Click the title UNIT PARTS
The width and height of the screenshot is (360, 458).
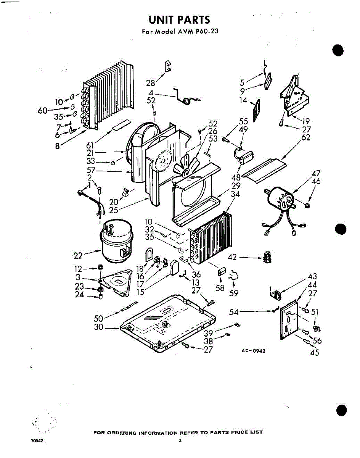point(179,19)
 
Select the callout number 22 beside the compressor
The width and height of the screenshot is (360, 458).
point(78,255)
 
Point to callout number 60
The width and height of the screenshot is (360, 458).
point(42,111)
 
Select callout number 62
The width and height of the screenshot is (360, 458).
point(305,137)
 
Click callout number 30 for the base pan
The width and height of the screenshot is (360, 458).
point(98,327)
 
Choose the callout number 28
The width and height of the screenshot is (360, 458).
point(151,83)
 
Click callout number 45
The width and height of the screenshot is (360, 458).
point(315,353)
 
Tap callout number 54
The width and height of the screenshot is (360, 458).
point(234,312)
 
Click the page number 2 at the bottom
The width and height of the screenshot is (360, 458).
point(180,440)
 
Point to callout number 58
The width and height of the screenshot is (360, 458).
point(220,288)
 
